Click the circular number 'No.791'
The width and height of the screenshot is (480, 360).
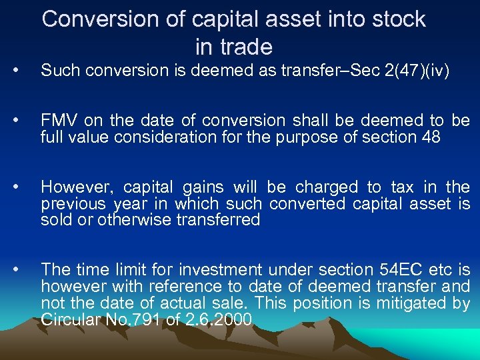[131, 320]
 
